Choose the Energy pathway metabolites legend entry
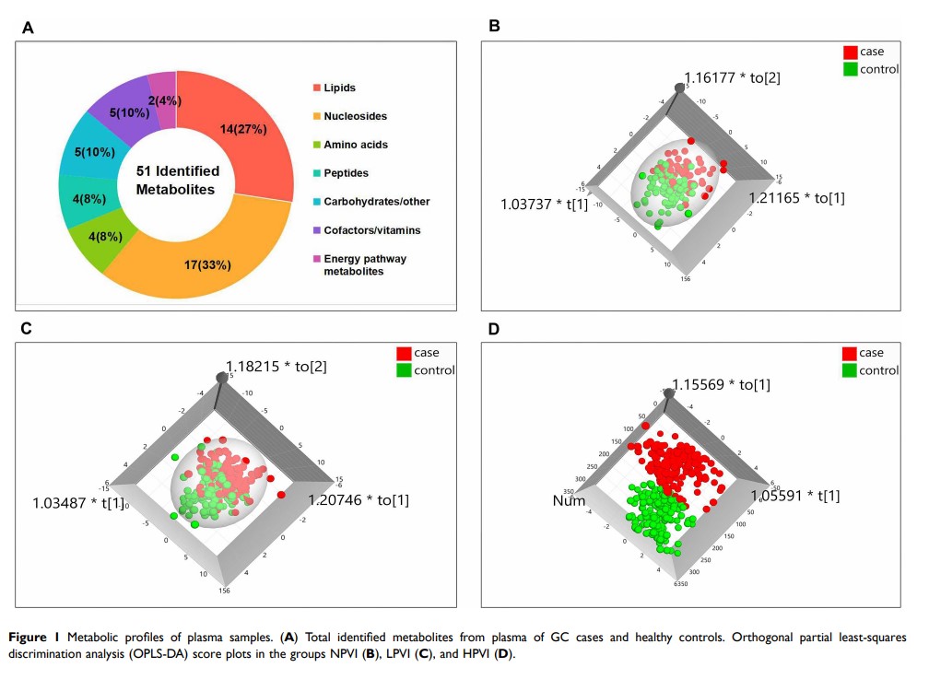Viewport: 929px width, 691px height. [x=365, y=264]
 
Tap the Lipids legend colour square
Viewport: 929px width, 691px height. [x=316, y=88]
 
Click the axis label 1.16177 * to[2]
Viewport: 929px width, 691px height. [x=732, y=78]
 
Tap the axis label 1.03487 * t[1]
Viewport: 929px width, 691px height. [x=78, y=503]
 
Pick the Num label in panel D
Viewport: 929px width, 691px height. [x=569, y=500]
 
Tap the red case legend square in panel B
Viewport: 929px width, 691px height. [x=850, y=53]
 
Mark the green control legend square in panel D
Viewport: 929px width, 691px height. [x=850, y=370]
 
